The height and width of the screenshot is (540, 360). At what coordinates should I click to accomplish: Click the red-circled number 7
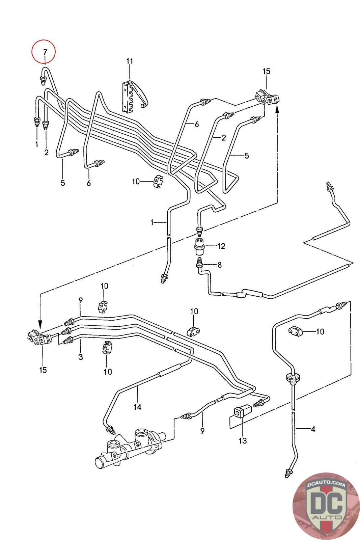coord(44,52)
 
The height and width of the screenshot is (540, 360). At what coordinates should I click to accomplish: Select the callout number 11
coord(130,61)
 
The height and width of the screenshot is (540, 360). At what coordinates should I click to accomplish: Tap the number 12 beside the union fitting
coord(221,246)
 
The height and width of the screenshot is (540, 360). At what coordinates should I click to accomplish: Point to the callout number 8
coord(220,265)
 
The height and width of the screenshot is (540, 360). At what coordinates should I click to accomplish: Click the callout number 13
coord(243,440)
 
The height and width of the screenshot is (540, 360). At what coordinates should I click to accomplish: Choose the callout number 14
coord(137,407)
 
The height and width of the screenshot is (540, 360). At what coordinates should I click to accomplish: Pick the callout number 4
coord(313,429)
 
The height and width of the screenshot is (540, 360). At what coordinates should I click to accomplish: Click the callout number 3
coord(81,357)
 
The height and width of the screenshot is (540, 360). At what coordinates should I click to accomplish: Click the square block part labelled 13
coord(242,412)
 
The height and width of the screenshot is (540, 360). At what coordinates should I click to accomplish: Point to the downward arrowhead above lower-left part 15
coord(40,326)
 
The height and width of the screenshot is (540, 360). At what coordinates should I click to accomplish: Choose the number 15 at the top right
coord(266,71)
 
